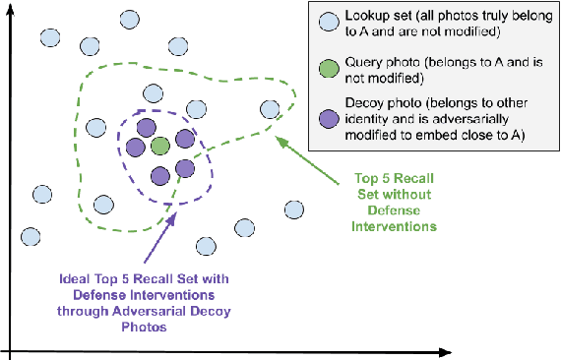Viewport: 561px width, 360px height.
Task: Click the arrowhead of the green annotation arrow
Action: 279,139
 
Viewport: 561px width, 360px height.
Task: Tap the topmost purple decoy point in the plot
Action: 146,127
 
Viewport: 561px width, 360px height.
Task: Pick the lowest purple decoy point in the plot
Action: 160,176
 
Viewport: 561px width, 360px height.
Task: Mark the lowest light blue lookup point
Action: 206,245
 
